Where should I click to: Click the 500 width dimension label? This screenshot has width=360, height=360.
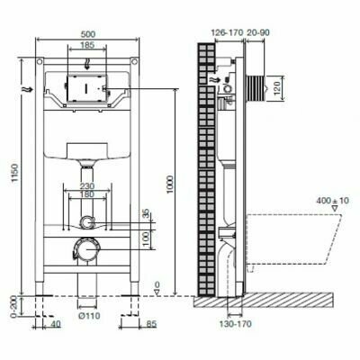[87, 34]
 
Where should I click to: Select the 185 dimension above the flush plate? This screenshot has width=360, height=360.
[87, 45]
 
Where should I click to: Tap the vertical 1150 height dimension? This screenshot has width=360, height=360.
[16, 174]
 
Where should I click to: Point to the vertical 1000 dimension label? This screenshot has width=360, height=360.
[170, 184]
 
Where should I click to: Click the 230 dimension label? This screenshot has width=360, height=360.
[87, 186]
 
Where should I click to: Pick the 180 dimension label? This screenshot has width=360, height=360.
[87, 194]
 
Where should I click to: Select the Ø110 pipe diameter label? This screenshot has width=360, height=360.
[90, 316]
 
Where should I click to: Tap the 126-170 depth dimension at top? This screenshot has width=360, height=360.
[227, 32]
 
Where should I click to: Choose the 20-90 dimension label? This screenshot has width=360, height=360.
[257, 32]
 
